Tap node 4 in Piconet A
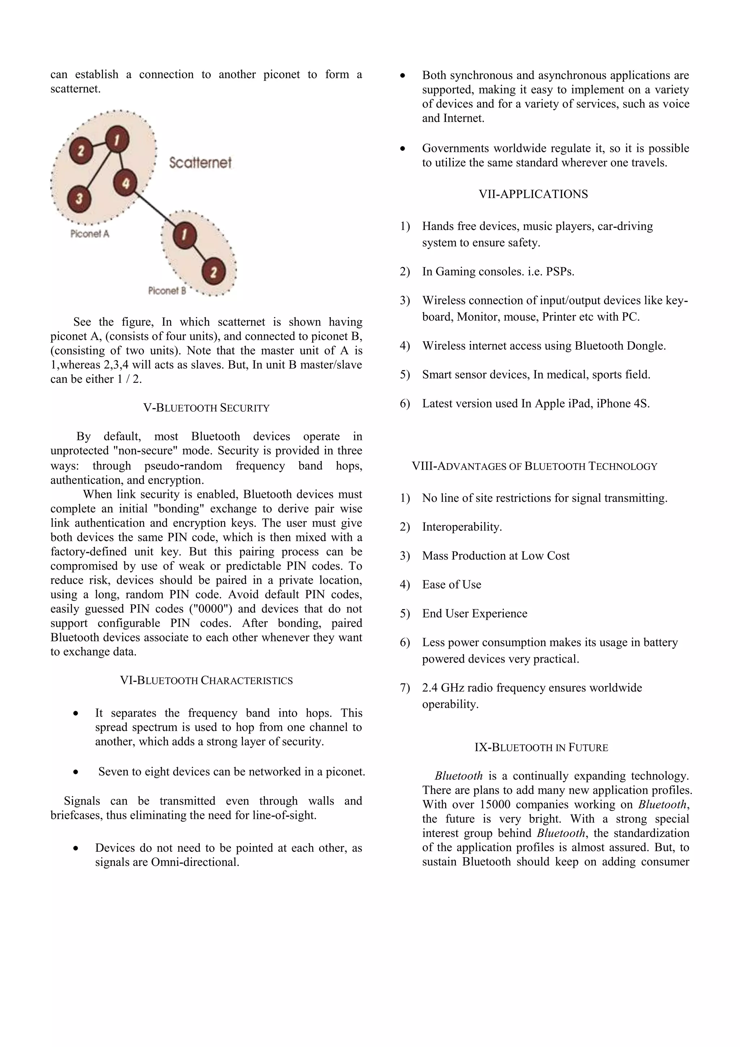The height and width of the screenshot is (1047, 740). coord(125,183)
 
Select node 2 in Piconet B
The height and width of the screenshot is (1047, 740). coord(213,272)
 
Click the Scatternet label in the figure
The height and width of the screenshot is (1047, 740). coord(200,162)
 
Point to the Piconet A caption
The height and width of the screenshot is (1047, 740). coord(90,234)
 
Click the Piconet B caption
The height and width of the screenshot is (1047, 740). coord(167,290)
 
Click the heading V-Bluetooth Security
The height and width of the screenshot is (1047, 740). coord(206,408)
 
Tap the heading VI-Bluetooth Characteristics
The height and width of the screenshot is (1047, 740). coord(206,680)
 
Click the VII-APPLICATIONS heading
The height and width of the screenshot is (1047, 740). coord(533,194)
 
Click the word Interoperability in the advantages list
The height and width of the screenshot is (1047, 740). coord(461,527)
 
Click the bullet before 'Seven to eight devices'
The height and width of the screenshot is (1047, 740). coord(76,772)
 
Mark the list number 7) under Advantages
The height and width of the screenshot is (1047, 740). coord(405,688)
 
